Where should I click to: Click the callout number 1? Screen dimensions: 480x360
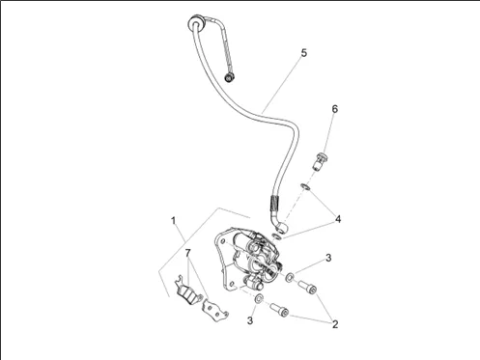(x=173, y=221)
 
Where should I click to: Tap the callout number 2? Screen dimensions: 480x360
(x=335, y=324)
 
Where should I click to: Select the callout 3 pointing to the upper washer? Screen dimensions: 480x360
(x=328, y=258)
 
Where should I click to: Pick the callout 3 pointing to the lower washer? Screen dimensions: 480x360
(x=250, y=320)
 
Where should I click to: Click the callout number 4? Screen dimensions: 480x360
(x=338, y=219)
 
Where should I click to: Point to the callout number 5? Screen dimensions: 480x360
(x=304, y=53)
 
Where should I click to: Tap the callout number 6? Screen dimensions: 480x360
(x=335, y=109)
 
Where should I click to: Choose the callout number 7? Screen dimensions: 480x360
(x=188, y=253)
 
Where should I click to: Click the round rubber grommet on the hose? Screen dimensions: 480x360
(x=196, y=22)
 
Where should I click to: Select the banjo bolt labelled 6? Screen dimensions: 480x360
(x=321, y=162)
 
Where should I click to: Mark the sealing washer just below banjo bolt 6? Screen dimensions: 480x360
(x=305, y=186)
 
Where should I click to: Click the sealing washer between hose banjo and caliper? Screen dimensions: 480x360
(x=276, y=236)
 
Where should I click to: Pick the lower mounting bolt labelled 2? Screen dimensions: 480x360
(x=279, y=309)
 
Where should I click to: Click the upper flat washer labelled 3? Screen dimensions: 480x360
(x=290, y=277)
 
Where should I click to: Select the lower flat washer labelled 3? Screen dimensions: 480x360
(x=258, y=299)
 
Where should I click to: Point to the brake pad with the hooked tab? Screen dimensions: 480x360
(x=187, y=291)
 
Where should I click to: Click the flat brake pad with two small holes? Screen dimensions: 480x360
(x=214, y=310)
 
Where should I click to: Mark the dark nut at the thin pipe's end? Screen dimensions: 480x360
(x=230, y=77)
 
